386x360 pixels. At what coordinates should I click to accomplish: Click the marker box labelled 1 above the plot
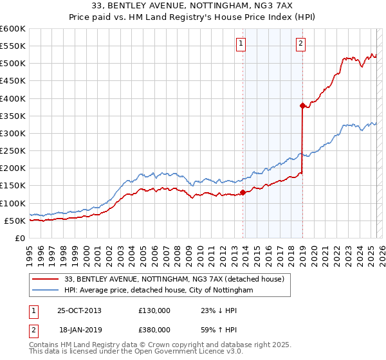coord(241,44)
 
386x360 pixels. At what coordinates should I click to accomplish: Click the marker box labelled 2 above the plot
coord(300,44)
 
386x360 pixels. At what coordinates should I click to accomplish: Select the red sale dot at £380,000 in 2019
coord(302,105)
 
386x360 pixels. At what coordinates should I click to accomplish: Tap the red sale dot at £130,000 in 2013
coord(243,192)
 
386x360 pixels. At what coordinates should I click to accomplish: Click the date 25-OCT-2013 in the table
coord(78,310)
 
